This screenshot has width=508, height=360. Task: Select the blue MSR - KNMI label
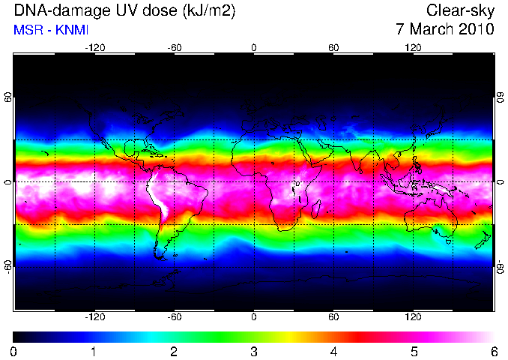pyautogui.click(x=51, y=30)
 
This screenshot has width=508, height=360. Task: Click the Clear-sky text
pyautogui.click(x=460, y=10)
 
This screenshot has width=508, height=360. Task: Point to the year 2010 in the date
pyautogui.click(x=476, y=28)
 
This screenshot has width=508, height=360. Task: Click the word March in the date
pyautogui.click(x=431, y=28)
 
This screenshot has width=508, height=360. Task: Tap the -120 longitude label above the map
pyautogui.click(x=95, y=48)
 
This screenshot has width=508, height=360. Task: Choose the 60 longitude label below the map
pyautogui.click(x=333, y=316)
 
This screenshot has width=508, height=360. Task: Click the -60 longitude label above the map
pyautogui.click(x=175, y=48)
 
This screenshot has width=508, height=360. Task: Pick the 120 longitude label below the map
pyautogui.click(x=413, y=316)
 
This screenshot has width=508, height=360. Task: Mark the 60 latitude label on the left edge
pyautogui.click(x=7, y=97)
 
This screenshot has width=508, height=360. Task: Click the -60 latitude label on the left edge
pyautogui.click(x=7, y=267)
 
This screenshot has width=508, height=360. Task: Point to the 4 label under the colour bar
pyautogui.click(x=333, y=352)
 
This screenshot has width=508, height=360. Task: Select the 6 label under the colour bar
pyautogui.click(x=494, y=352)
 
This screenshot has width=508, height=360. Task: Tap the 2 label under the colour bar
pyautogui.click(x=174, y=352)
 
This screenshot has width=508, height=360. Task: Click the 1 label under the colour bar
pyautogui.click(x=94, y=352)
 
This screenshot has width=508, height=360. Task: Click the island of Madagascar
pyautogui.click(x=316, y=209)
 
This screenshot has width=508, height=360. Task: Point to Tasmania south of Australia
pyautogui.click(x=449, y=242)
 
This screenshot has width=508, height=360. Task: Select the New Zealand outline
pyautogui.click(x=483, y=240)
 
